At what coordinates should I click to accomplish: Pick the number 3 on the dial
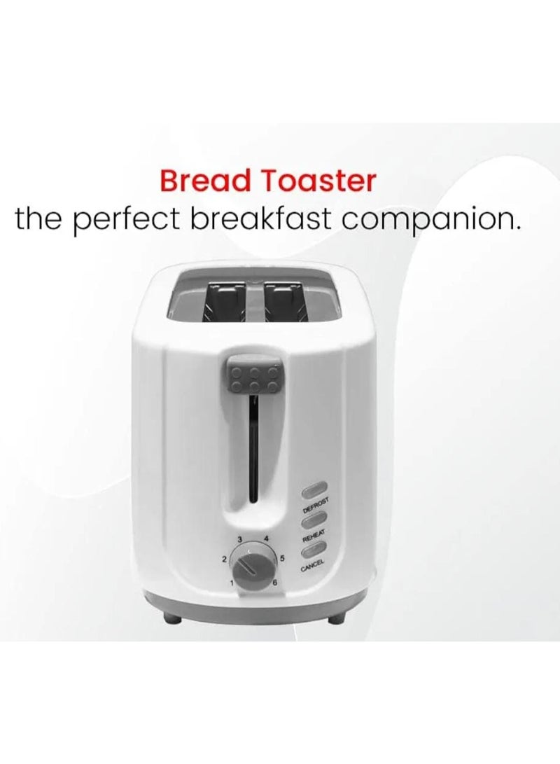click(x=240, y=539)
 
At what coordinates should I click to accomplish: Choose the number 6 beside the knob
click(x=276, y=583)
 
